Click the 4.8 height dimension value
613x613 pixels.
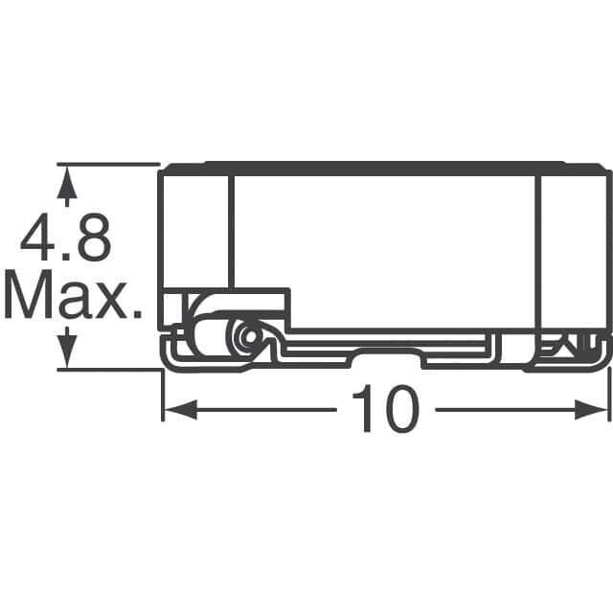tap(66, 238)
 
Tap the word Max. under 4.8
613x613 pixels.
tap(73, 295)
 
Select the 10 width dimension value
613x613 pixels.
tap(386, 409)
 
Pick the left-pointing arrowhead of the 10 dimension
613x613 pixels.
tap(181, 409)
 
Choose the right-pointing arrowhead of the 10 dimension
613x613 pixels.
tap(591, 409)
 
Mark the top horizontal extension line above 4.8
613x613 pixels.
tap(108, 165)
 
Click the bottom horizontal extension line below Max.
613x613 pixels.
tap(109, 370)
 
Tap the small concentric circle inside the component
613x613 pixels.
tap(249, 335)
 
